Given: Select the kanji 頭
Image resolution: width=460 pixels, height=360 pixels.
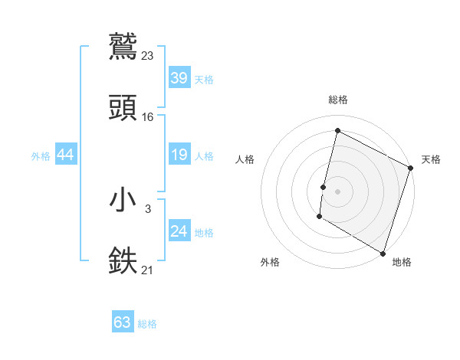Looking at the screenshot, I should [123, 108].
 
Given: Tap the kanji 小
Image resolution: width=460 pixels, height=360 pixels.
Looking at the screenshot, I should [123, 200].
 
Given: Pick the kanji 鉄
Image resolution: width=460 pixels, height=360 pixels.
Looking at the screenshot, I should [123, 260].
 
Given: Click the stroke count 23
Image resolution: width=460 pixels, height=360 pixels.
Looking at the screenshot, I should [148, 55].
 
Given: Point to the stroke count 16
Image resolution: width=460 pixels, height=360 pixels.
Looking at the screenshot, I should [148, 116].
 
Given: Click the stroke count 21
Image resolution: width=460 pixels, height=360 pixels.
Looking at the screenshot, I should [148, 269].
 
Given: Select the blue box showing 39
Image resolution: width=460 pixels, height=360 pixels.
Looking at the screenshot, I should [179, 78].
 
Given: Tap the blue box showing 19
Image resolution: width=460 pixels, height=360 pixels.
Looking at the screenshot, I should [179, 155].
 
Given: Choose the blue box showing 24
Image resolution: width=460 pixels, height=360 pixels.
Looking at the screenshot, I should [179, 231].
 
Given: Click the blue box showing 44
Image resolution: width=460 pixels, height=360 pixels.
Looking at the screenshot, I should [66, 155].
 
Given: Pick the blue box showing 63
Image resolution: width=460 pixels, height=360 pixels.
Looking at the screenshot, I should [123, 322].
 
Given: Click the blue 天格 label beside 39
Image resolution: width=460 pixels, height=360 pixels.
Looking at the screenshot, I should [204, 80].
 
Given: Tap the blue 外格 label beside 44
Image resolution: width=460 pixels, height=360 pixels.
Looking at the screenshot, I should [41, 156].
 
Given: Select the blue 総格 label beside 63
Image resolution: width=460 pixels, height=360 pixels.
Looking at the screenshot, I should [147, 324].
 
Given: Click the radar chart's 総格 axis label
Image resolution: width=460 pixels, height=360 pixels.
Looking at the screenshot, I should [338, 100].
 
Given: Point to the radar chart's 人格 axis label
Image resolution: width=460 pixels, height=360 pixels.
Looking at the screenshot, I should [245, 159].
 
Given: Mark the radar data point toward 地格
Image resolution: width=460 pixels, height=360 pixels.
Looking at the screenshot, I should [382, 253].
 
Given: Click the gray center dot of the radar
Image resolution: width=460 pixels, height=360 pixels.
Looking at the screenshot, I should [337, 191].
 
